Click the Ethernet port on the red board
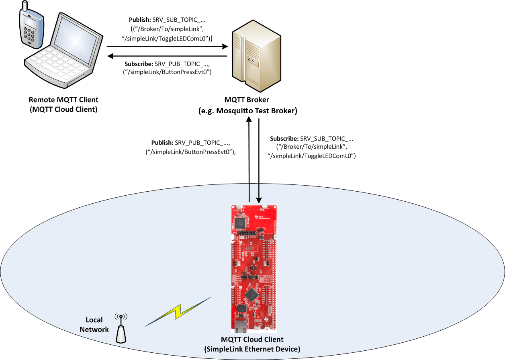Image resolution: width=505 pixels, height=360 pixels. [241, 327]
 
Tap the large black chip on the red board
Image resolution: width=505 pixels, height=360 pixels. [251, 294]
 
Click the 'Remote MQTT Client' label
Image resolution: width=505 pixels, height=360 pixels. [63, 100]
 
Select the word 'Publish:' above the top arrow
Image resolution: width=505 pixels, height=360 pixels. [139, 20]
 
